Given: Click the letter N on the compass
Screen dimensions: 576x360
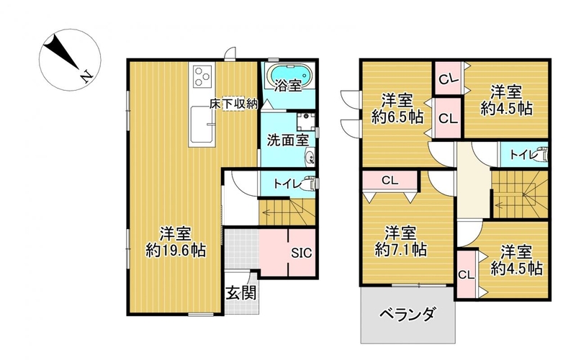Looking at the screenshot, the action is click(86, 76).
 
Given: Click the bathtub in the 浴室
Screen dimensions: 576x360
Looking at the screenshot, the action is click(291, 76).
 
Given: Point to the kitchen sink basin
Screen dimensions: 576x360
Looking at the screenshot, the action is click(202, 125).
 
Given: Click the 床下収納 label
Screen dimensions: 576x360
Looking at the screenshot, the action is click(233, 104).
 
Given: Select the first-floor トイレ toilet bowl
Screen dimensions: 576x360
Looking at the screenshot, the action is click(310, 184).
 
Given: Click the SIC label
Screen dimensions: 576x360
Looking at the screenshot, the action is click(302, 253).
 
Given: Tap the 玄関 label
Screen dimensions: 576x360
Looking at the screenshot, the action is click(240, 293).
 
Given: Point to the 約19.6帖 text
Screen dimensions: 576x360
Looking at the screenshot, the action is click(175, 251).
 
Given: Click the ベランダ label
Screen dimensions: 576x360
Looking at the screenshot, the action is click(408, 315).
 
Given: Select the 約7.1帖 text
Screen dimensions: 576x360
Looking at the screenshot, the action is click(400, 250).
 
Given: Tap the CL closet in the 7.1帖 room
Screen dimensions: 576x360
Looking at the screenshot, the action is click(390, 181).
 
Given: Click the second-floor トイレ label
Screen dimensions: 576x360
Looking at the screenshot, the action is click(522, 155).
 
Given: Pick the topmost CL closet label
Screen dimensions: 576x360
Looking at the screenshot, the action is click(449, 78).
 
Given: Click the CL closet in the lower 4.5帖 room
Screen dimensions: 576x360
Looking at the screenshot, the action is click(466, 274).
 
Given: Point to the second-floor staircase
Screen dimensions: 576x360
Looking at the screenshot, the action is click(520, 195).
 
